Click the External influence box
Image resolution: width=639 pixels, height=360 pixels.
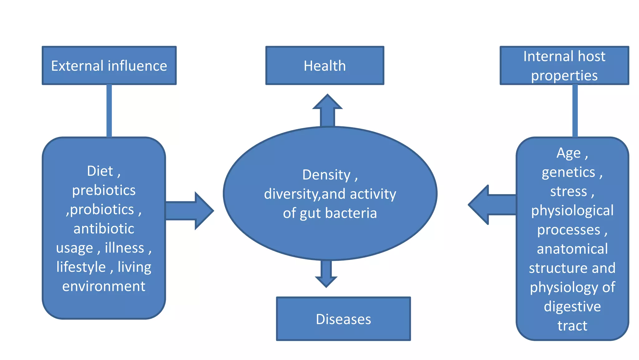click(x=109, y=66)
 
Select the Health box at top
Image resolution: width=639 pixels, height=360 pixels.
click(x=324, y=66)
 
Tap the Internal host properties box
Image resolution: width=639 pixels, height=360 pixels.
click(x=564, y=66)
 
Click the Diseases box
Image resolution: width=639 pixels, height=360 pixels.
click(x=343, y=319)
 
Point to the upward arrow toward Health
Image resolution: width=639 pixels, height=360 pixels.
click(x=327, y=111)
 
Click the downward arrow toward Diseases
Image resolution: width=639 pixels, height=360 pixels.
click(x=326, y=273)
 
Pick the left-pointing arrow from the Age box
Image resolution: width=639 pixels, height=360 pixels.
click(x=491, y=205)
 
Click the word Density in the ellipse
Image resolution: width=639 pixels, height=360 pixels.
click(x=326, y=175)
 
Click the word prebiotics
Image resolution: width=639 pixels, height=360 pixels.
click(x=104, y=190)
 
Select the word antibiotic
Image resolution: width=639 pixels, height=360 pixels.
click(x=104, y=229)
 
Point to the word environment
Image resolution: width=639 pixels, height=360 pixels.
click(x=104, y=286)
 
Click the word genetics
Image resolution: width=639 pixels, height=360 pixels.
click(x=568, y=172)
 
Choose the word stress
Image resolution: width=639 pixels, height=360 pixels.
click(x=568, y=191)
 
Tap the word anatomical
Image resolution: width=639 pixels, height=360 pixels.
click(x=572, y=249)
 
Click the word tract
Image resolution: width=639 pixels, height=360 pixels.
click(x=572, y=326)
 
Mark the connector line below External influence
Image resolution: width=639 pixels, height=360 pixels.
click(x=109, y=111)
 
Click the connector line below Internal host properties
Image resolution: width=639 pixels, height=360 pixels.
click(x=575, y=111)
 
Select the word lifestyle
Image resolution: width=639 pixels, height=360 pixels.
click(x=81, y=267)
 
